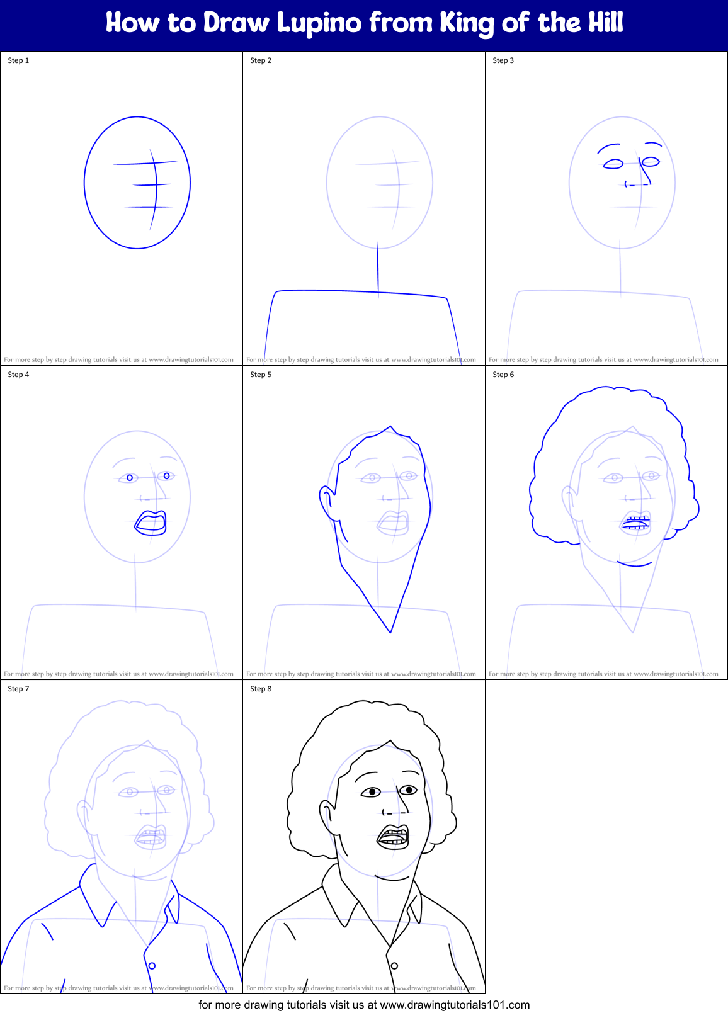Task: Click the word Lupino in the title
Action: [x=319, y=23]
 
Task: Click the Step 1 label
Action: [x=18, y=60]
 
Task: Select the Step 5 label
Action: [x=261, y=375]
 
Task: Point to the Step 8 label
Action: [x=261, y=689]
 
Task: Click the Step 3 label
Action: [x=503, y=60]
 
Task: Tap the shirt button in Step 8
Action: [x=394, y=966]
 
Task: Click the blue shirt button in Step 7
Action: [x=152, y=966]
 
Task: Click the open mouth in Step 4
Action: [x=151, y=523]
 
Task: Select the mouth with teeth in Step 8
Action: [x=394, y=837]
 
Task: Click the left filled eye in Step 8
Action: [x=372, y=792]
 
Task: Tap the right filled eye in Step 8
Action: [x=409, y=789]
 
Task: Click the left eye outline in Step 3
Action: [x=613, y=164]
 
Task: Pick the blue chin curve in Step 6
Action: [x=634, y=563]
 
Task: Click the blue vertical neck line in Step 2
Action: [x=378, y=268]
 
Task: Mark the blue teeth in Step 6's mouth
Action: [x=636, y=521]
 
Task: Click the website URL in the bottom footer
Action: [x=455, y=1005]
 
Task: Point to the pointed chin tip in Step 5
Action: [x=390, y=631]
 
